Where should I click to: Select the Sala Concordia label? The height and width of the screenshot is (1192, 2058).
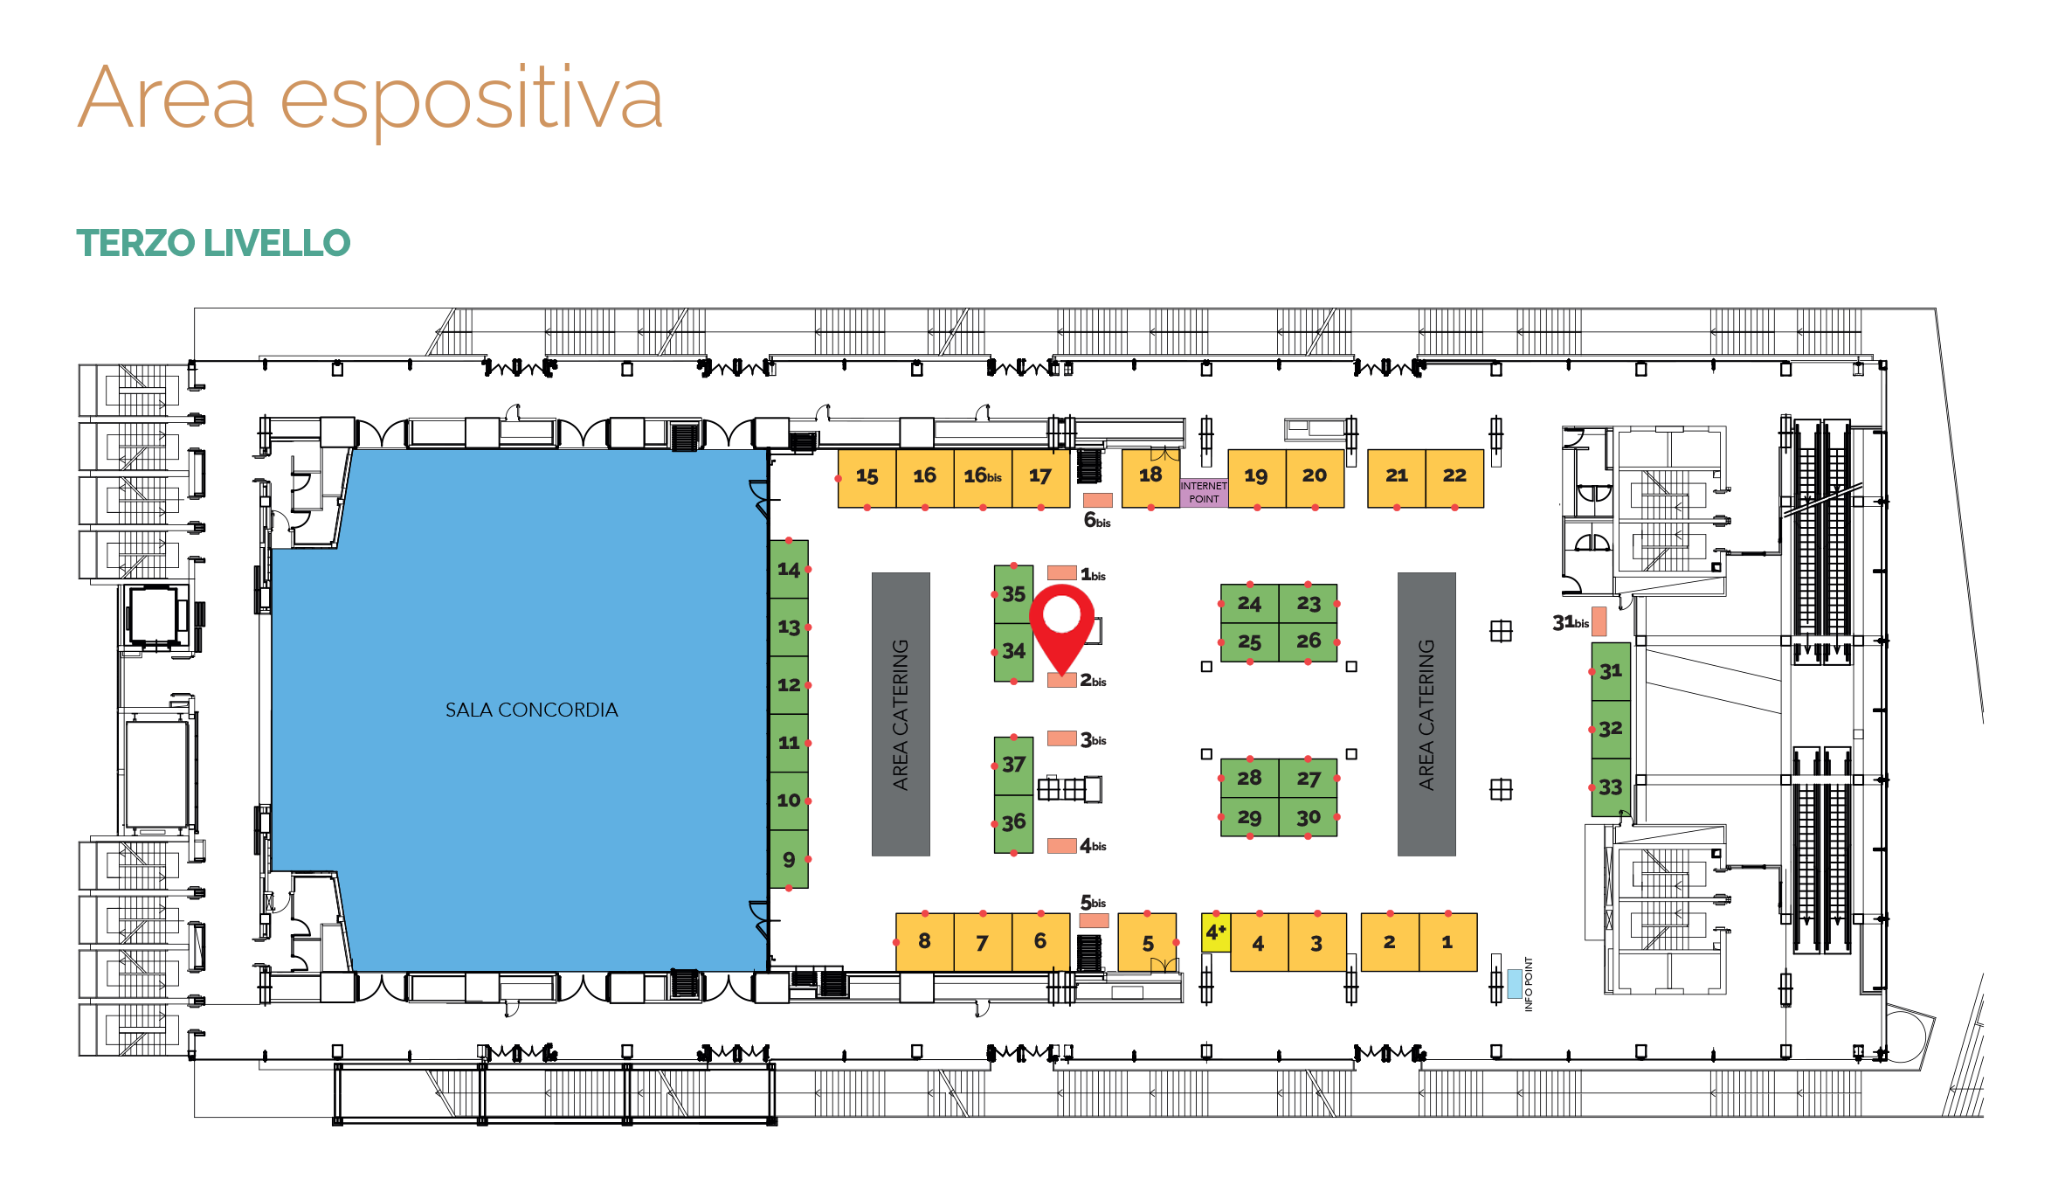tap(531, 710)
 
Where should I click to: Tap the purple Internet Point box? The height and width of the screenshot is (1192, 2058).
tap(1204, 492)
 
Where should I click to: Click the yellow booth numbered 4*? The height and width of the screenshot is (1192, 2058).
tap(1216, 933)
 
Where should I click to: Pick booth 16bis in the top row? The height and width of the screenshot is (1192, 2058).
tap(983, 477)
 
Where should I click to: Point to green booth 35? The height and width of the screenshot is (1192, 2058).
tap(1013, 594)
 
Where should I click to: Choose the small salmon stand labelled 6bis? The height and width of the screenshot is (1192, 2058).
tap(1098, 501)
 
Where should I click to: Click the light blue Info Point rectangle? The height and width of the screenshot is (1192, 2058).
tap(1515, 983)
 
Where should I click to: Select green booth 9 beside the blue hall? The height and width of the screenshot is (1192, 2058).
tap(789, 859)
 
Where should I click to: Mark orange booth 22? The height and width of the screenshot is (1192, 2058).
tap(1454, 477)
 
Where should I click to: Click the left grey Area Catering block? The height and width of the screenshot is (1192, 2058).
tap(901, 714)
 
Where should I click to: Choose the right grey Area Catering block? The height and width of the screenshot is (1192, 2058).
tap(1426, 714)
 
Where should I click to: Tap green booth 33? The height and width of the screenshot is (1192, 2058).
tap(1611, 787)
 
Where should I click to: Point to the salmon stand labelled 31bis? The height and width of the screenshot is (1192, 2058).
tap(1599, 621)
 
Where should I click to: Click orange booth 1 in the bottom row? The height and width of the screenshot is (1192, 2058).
tap(1448, 942)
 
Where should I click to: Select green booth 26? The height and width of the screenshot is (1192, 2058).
tap(1309, 641)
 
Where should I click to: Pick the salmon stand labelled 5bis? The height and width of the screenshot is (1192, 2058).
tap(1095, 920)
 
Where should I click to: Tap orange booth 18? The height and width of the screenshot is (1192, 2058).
tap(1150, 477)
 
